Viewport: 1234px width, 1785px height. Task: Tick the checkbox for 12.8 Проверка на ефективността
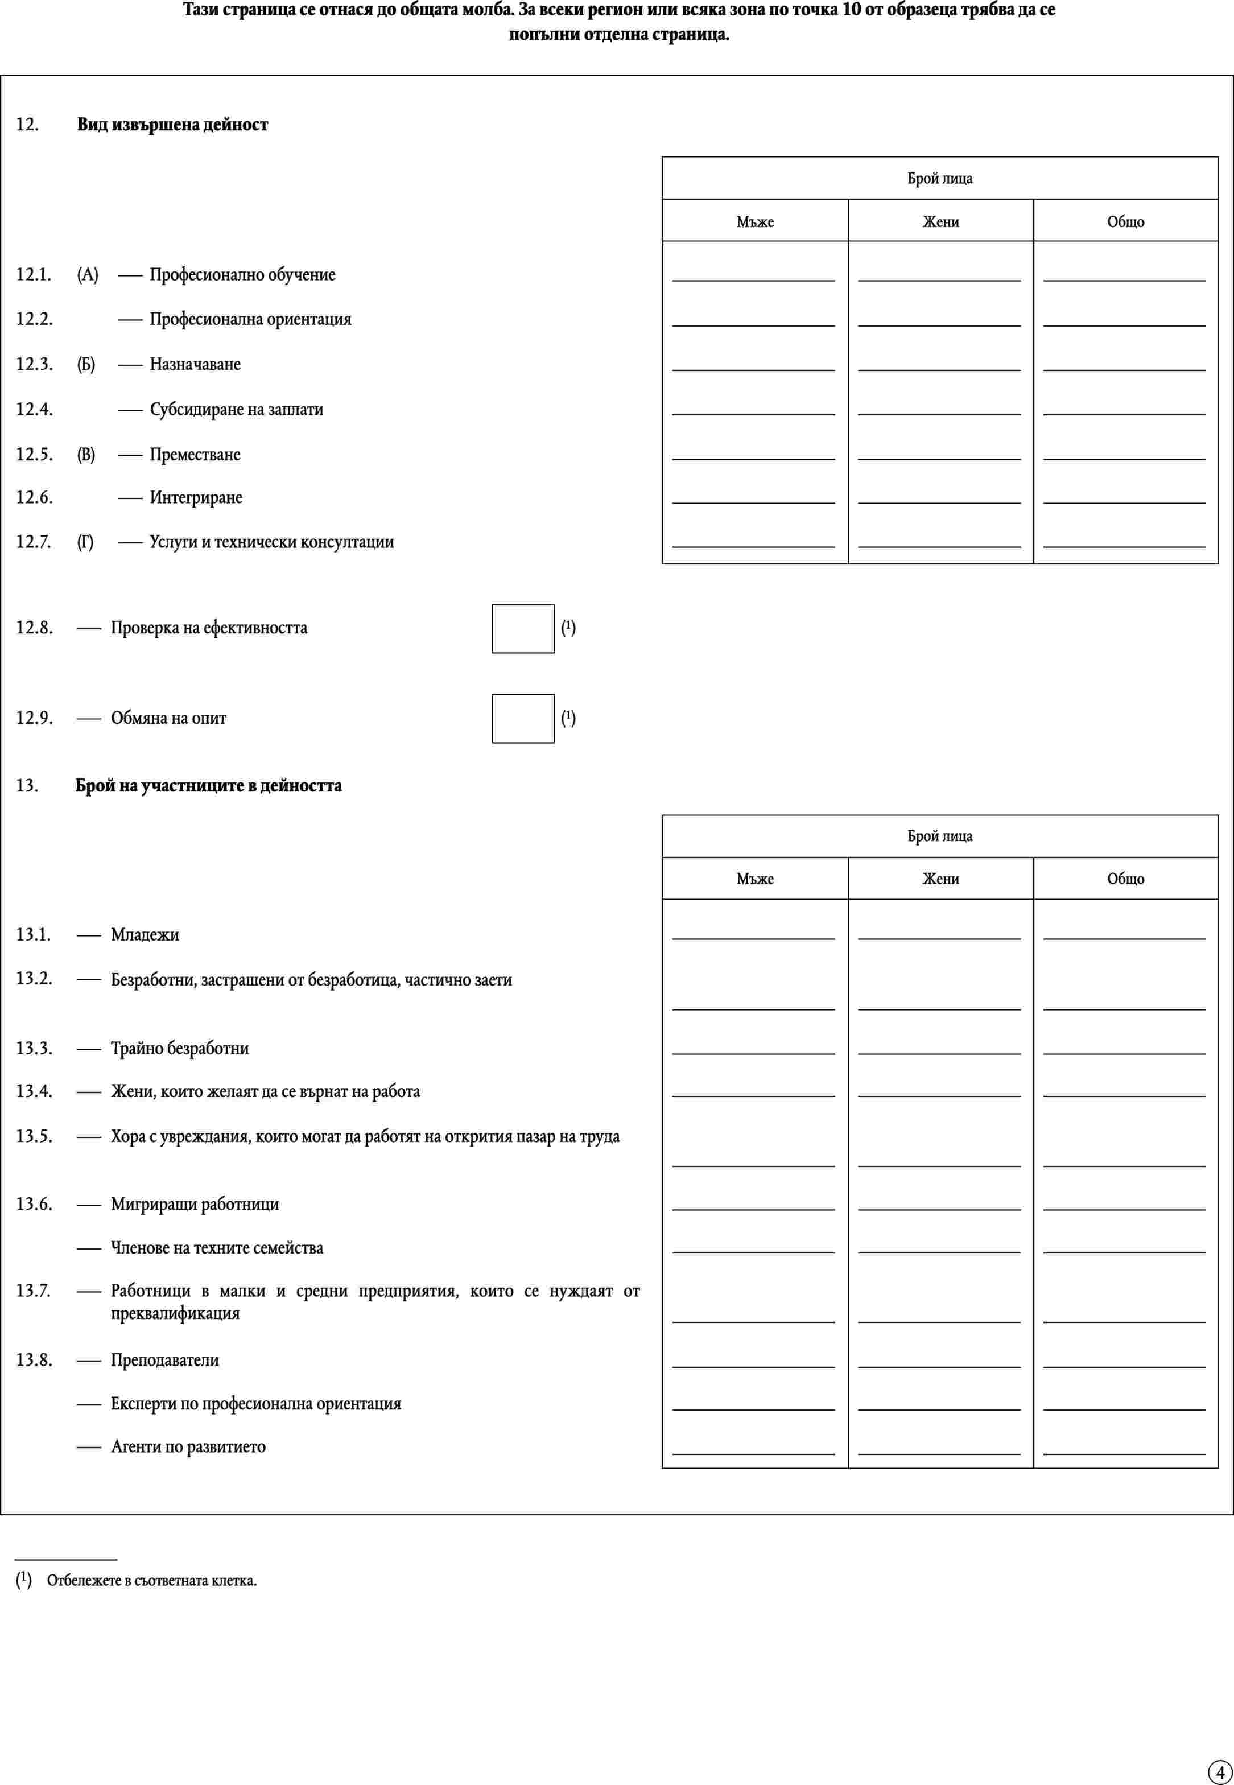(x=523, y=628)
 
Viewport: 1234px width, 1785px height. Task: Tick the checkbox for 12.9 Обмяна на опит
(x=523, y=719)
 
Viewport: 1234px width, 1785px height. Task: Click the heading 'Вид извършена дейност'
(x=172, y=125)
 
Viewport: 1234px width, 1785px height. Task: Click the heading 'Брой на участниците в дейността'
(x=209, y=786)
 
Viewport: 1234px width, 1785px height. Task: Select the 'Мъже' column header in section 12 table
(x=754, y=222)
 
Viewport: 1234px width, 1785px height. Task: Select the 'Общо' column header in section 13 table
(x=1125, y=879)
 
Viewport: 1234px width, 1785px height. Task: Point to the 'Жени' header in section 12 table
(x=940, y=222)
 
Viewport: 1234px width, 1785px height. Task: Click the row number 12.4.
(x=35, y=409)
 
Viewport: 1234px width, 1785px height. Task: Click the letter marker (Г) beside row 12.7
(x=85, y=542)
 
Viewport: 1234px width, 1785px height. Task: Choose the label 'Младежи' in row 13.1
(x=145, y=935)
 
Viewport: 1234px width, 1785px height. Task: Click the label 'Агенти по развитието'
(x=188, y=1447)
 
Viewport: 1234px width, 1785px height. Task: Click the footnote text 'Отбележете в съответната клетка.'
(x=151, y=1581)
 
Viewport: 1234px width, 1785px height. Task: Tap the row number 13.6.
(x=35, y=1204)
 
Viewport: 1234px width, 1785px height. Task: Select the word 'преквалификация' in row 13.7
(x=175, y=1313)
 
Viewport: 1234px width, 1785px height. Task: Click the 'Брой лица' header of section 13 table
(x=939, y=836)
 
